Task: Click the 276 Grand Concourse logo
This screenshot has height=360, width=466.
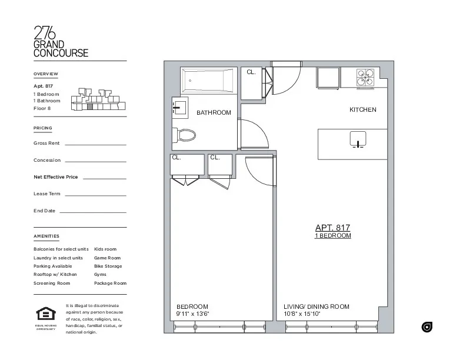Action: [61, 42]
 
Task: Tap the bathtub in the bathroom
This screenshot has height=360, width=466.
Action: [207, 79]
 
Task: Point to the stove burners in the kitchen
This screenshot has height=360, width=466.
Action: [365, 78]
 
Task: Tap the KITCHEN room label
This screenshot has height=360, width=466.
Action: [362, 110]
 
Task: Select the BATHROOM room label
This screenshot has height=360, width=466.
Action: [214, 112]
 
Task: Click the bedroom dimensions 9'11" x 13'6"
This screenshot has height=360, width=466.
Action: [193, 314]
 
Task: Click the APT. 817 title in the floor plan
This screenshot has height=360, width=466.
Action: [332, 227]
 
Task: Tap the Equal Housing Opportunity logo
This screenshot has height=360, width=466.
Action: [45, 315]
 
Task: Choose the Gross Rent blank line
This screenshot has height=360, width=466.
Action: [95, 144]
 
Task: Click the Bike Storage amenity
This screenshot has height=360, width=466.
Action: [108, 266]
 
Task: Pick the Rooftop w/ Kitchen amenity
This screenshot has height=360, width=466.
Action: [55, 275]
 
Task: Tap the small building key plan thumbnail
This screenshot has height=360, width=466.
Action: [98, 99]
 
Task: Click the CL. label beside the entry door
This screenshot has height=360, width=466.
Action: [251, 72]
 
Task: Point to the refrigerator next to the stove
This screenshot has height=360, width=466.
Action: [328, 78]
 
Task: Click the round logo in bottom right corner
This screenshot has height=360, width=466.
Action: [427, 327]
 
